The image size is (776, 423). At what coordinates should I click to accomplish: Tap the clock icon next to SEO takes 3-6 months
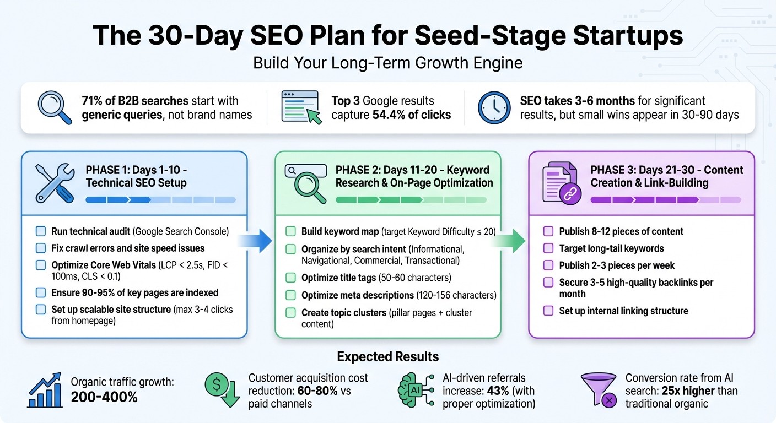tap(493, 107)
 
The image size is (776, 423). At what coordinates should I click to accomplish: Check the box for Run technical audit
tap(41, 231)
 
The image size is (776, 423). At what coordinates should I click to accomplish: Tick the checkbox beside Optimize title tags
tap(290, 278)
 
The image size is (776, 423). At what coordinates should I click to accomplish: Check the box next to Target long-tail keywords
tap(548, 248)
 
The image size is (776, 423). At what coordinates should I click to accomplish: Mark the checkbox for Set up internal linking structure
tap(548, 311)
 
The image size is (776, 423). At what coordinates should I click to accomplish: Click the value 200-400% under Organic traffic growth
tap(104, 397)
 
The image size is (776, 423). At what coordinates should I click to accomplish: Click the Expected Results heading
tap(388, 356)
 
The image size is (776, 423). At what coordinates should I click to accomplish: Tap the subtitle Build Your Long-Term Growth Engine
tap(387, 63)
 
